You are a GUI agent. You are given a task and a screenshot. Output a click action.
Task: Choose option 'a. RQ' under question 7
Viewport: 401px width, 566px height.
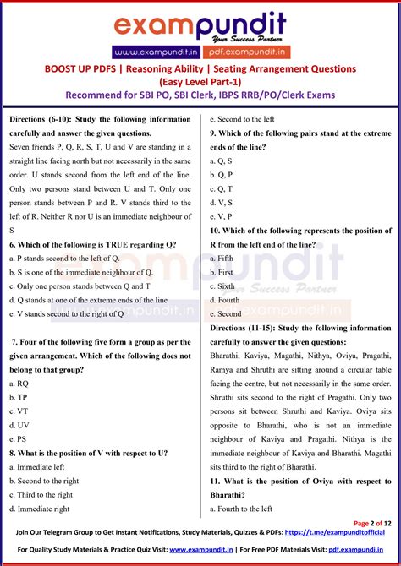[x=19, y=383]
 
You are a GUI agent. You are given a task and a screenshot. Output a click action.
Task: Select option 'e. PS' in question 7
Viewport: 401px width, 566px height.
[x=19, y=438]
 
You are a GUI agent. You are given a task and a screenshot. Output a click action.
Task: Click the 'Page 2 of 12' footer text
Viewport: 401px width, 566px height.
[x=372, y=523]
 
